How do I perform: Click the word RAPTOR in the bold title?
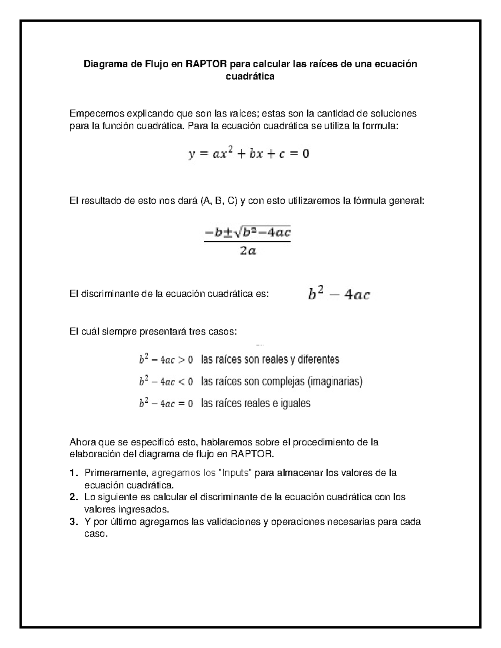(207, 64)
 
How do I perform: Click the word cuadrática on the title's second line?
(250, 76)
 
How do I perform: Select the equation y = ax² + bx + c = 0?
(249, 154)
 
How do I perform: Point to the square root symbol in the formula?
(238, 233)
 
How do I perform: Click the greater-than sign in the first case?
(182, 360)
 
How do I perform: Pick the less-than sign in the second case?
(182, 381)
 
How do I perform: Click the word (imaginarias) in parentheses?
(335, 381)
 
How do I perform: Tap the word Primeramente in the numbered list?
(116, 473)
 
